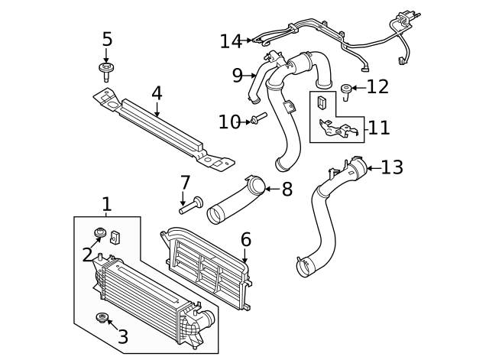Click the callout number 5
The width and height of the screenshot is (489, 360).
click(106, 39)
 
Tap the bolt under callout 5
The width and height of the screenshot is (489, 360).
click(105, 71)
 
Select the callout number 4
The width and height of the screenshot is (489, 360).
click(157, 93)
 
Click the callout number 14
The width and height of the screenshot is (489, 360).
click(230, 41)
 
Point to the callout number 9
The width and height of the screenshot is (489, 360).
click(238, 75)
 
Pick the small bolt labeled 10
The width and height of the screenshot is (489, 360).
click(257, 120)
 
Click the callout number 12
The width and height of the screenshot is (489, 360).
click(377, 87)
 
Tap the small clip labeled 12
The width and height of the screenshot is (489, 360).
click(346, 90)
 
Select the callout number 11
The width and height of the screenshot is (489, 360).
click(379, 127)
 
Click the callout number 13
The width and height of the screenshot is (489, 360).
click(392, 167)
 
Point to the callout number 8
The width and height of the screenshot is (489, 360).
click(287, 190)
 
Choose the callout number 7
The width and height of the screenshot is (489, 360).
click(184, 183)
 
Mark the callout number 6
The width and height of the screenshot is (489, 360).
click(245, 240)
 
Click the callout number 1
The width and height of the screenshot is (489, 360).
click(107, 204)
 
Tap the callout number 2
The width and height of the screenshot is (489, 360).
click(87, 255)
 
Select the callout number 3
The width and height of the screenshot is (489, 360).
click(122, 336)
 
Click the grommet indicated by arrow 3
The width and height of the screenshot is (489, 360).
click(100, 318)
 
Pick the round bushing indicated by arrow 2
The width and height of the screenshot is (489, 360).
click(99, 233)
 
